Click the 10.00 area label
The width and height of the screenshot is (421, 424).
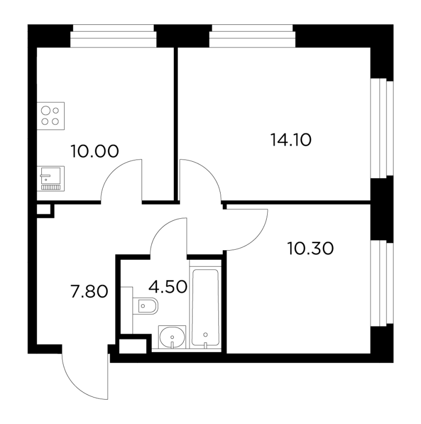point(94,151)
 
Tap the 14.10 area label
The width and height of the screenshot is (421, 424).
point(291,140)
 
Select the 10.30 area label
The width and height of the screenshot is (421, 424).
point(310,249)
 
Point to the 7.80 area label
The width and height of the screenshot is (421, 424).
point(89,292)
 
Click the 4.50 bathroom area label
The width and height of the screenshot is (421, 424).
point(168,287)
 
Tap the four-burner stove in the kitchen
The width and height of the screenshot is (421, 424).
point(50,116)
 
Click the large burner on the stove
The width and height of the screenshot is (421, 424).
point(46,111)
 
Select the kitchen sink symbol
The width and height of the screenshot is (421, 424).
point(50,179)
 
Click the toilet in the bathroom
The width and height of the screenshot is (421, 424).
point(146,306)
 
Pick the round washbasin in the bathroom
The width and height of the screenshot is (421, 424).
point(172,337)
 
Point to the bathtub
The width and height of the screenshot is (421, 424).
point(205,307)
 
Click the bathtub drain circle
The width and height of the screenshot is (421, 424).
point(205,334)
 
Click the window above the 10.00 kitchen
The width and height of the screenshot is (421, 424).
point(113,36)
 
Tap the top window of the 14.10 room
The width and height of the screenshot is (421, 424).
point(252,36)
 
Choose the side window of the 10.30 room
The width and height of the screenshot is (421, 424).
point(382,283)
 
